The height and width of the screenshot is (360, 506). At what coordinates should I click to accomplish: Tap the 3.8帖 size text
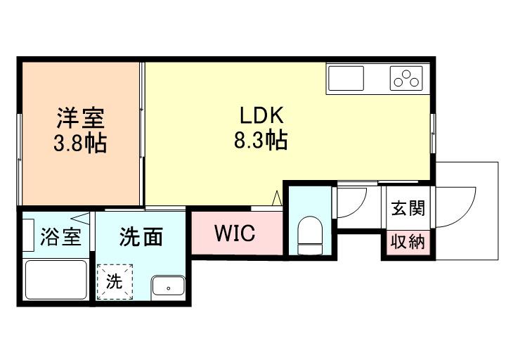tap(81, 143)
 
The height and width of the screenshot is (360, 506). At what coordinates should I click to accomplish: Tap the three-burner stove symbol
tap(406, 78)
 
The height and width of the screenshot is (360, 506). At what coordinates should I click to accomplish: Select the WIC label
tap(235, 234)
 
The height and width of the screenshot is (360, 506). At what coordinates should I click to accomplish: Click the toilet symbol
tap(309, 236)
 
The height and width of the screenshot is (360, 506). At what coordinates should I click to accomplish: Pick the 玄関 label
tap(408, 209)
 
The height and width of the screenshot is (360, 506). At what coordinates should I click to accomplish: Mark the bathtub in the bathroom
tap(56, 279)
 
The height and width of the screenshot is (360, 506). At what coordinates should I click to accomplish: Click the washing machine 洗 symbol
tap(115, 281)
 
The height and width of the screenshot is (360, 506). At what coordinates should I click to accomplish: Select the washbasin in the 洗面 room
tap(167, 286)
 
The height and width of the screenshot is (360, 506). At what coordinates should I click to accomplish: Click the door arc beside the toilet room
tap(350, 204)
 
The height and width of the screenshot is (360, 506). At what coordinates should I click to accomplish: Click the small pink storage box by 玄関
tap(408, 243)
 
